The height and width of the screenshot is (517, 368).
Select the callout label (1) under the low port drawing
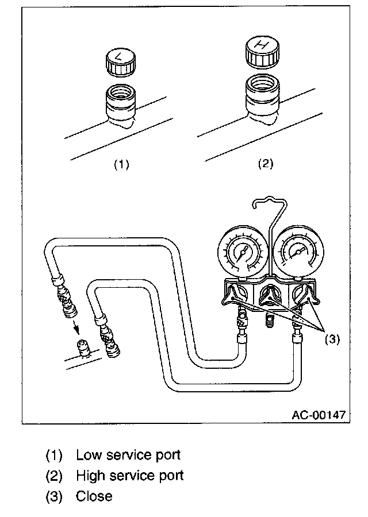[121, 164]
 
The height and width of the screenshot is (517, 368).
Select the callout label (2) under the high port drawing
[264, 164]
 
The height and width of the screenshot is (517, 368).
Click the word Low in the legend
[89, 455]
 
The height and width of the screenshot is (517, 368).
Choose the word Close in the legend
[94, 496]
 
